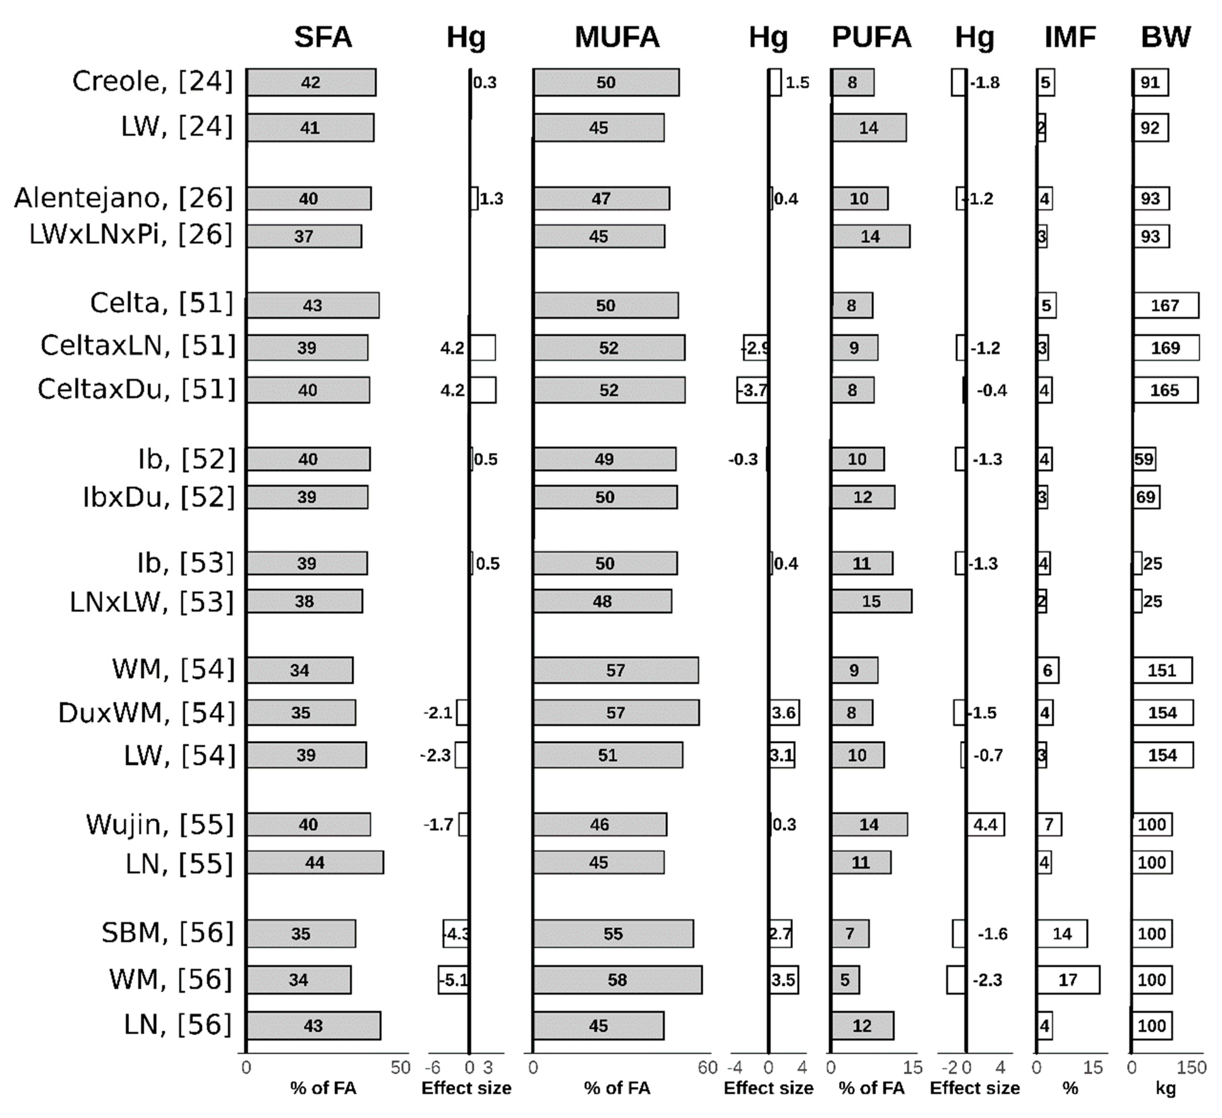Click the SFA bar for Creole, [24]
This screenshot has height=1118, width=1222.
[x=311, y=83]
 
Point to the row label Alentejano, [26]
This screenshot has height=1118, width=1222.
[x=123, y=198]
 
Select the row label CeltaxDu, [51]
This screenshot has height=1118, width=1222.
[x=136, y=389]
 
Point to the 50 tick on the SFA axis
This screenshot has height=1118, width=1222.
[x=401, y=1067]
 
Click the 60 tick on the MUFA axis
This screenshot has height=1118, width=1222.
[x=708, y=1067]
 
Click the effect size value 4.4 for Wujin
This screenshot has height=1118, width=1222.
[x=986, y=825]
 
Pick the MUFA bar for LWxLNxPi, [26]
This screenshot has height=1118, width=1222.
[x=599, y=236]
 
